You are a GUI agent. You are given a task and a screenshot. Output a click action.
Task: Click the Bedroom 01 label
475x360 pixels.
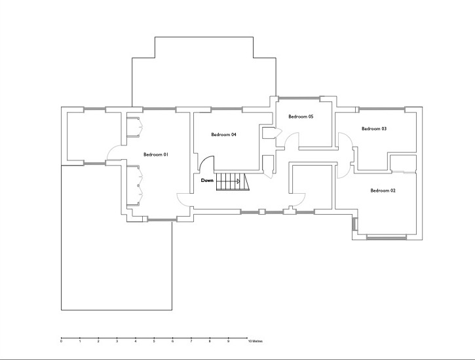coord(156,154)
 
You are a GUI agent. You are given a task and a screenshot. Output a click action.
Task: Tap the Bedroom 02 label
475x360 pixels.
coord(383,190)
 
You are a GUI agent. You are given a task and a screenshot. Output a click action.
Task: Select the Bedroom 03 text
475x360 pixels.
coord(374,128)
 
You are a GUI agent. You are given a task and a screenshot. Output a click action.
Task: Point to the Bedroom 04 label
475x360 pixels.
coord(223,135)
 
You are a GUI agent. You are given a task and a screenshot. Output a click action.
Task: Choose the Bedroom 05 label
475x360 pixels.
coord(301,117)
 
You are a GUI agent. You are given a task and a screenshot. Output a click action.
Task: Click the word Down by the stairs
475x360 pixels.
coord(207,180)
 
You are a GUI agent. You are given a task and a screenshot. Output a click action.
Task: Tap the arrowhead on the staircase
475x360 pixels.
coord(238,181)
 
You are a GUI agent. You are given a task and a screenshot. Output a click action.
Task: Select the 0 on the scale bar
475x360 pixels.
coord(61,341)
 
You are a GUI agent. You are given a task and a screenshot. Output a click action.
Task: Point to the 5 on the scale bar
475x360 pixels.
coord(154,341)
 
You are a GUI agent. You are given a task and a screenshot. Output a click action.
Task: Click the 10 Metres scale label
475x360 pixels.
coord(256,341)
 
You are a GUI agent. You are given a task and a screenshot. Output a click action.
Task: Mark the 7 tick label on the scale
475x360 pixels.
coord(191,341)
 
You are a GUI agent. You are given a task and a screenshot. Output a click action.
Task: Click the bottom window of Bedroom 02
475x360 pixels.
coord(387,237)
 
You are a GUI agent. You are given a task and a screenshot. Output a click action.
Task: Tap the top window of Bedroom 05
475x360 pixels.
coord(299,98)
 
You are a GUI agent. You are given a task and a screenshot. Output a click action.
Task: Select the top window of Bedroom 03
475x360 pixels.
coord(382,108)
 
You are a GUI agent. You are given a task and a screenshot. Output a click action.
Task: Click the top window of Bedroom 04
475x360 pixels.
coord(227,108)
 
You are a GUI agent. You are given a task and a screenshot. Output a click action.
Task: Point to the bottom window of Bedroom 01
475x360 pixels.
coord(162,220)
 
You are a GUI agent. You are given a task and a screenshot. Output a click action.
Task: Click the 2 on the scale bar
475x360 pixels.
coord(98,341)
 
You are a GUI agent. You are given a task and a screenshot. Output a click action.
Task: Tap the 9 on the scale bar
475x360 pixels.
coord(229,341)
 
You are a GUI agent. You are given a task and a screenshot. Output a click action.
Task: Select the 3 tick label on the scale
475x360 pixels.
coord(117,341)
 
